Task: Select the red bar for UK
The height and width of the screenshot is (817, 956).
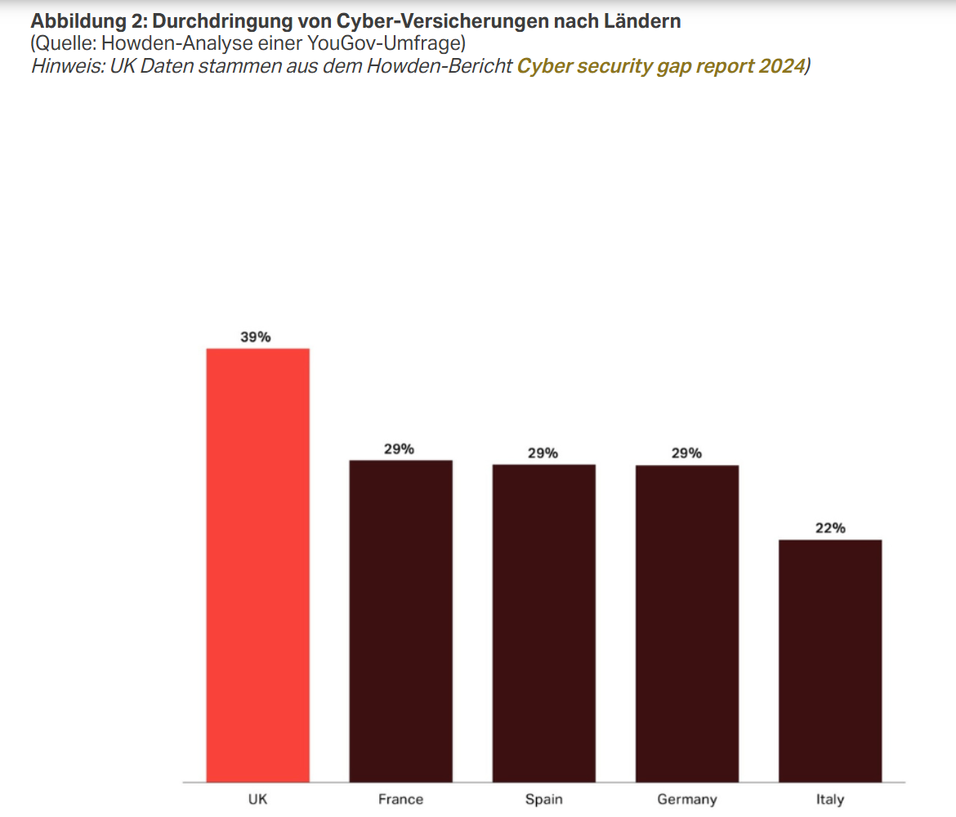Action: pos(257,565)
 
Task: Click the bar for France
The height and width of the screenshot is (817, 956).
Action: pos(400,621)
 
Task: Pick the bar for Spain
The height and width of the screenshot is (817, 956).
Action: pos(543,623)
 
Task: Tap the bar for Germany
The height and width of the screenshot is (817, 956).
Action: pos(687,623)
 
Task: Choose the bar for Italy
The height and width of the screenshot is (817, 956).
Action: pos(830,660)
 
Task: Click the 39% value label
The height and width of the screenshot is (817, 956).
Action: pos(256,337)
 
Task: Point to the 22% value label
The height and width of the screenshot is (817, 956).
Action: pos(830,528)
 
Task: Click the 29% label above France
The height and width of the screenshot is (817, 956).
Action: pos(400,449)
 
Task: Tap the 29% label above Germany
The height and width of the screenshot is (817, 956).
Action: pos(687,453)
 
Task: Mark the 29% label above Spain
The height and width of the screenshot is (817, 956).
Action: pos(543,453)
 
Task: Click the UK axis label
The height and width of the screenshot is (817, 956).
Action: pos(257,799)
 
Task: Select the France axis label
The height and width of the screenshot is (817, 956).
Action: pos(400,799)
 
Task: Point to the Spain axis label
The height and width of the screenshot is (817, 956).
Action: pos(543,799)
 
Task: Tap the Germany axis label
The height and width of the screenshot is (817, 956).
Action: pos(687,799)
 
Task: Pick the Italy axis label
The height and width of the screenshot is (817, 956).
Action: pos(830,799)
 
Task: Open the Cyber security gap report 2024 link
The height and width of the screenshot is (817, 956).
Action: pos(660,66)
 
